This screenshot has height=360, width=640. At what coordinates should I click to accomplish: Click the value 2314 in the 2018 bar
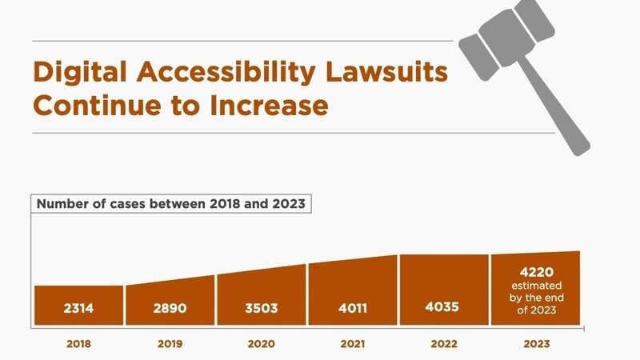78,310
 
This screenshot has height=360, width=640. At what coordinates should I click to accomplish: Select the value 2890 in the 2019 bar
170,310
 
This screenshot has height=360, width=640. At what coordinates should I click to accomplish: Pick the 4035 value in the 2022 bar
443,306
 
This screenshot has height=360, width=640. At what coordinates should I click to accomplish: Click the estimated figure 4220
535,270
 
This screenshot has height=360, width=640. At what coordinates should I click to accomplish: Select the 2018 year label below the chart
78,344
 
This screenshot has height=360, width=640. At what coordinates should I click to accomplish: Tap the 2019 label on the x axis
170,344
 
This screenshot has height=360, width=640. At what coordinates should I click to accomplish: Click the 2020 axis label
261,344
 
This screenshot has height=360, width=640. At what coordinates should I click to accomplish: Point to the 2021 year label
353,344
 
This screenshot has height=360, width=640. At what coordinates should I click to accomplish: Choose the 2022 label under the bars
444,344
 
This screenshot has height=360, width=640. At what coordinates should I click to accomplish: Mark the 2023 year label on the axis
535,344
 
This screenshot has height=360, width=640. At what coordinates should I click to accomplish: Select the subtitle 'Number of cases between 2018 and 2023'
171,203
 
